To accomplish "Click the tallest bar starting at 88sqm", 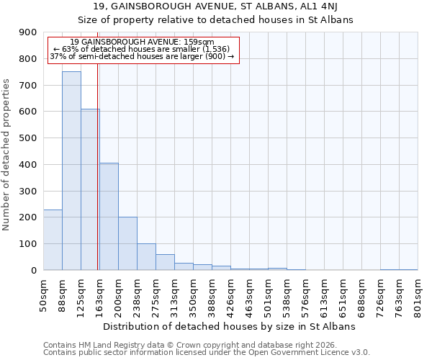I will click(x=71, y=171).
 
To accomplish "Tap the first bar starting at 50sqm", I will click(x=53, y=240).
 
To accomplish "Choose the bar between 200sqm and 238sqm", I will click(x=127, y=243).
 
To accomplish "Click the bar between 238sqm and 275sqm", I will click(x=146, y=256).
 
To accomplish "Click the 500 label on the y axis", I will click(x=29, y=138).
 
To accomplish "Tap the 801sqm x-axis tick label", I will click(x=418, y=294).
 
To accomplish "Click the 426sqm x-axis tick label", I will click(x=231, y=294).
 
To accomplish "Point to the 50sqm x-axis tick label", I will click(x=44, y=292).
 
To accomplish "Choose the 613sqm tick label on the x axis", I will click(x=325, y=294).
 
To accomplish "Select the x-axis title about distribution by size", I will click(x=230, y=326).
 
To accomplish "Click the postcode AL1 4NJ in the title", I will click(x=323, y=6).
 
